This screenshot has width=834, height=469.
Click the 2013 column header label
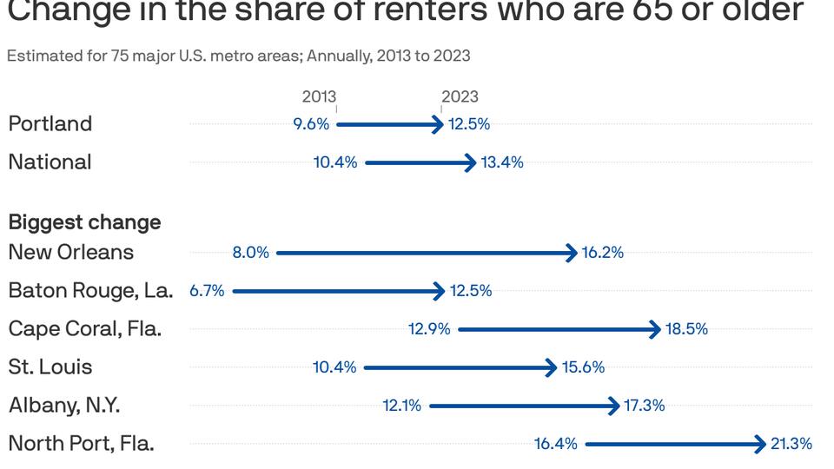coord(319,96)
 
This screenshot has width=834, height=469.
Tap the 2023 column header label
coord(460,96)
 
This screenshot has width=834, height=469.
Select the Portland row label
coord(50,123)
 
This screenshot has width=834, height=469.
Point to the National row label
coord(50,162)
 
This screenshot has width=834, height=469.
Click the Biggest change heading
coord(84,222)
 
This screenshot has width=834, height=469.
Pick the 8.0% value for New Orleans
coord(250,253)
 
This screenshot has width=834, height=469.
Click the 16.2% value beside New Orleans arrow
coord(603,253)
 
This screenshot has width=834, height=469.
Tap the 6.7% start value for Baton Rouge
coord(207,291)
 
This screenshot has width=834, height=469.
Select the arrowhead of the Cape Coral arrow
coord(656,329)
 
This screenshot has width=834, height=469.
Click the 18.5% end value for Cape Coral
coord(686,329)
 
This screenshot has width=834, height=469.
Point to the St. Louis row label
coord(50,367)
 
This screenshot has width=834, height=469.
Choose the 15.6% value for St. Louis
coord(583,367)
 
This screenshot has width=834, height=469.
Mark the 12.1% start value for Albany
coord(401,406)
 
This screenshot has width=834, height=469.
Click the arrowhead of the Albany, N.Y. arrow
coord(614,406)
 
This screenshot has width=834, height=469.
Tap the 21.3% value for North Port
coord(791,444)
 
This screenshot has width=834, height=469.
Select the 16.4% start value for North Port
coord(555,444)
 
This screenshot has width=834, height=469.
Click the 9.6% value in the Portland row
coord(311,124)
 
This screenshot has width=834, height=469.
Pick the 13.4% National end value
coord(502,162)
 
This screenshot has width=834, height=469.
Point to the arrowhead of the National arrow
coord(471,162)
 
